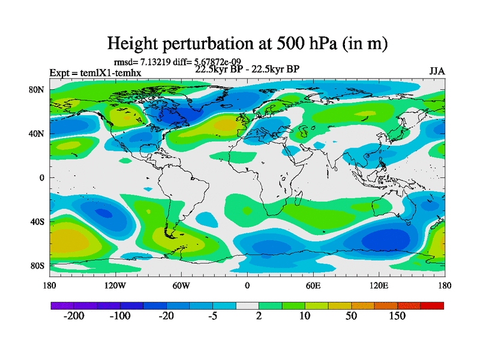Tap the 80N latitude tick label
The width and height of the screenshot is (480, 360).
(x=38, y=89)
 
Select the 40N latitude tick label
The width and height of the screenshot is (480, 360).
(x=38, y=133)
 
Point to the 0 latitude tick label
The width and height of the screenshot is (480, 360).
(x=43, y=178)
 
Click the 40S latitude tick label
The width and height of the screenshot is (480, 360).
(x=38, y=221)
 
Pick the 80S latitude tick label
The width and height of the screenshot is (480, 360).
(x=38, y=265)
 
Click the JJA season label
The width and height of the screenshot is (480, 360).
(x=437, y=71)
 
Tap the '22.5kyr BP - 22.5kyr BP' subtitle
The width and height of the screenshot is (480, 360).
(x=247, y=68)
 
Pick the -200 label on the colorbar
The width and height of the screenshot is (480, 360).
(x=74, y=316)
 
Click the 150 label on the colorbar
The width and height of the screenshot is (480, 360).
(x=397, y=316)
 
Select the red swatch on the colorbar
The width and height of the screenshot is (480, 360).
(x=432, y=305)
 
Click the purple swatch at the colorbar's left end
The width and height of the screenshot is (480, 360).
(x=62, y=305)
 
